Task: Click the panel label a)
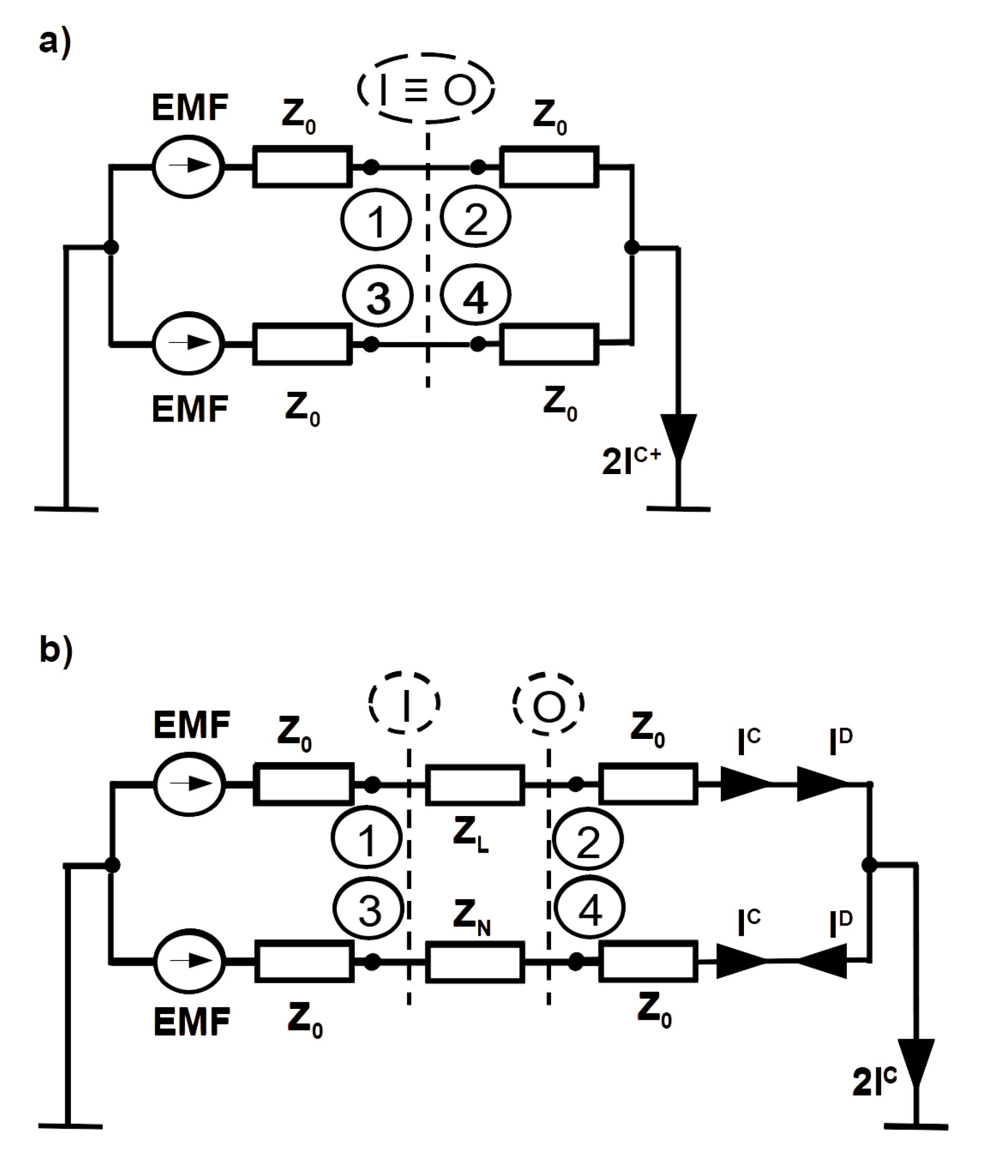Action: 54,42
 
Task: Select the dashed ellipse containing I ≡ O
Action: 426,88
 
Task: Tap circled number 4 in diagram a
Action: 476,295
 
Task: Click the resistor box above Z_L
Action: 475,785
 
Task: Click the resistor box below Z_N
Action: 475,962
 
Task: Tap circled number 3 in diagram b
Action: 368,909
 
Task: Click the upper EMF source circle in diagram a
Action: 188,166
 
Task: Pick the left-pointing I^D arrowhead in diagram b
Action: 823,962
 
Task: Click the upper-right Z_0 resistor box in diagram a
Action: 550,166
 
